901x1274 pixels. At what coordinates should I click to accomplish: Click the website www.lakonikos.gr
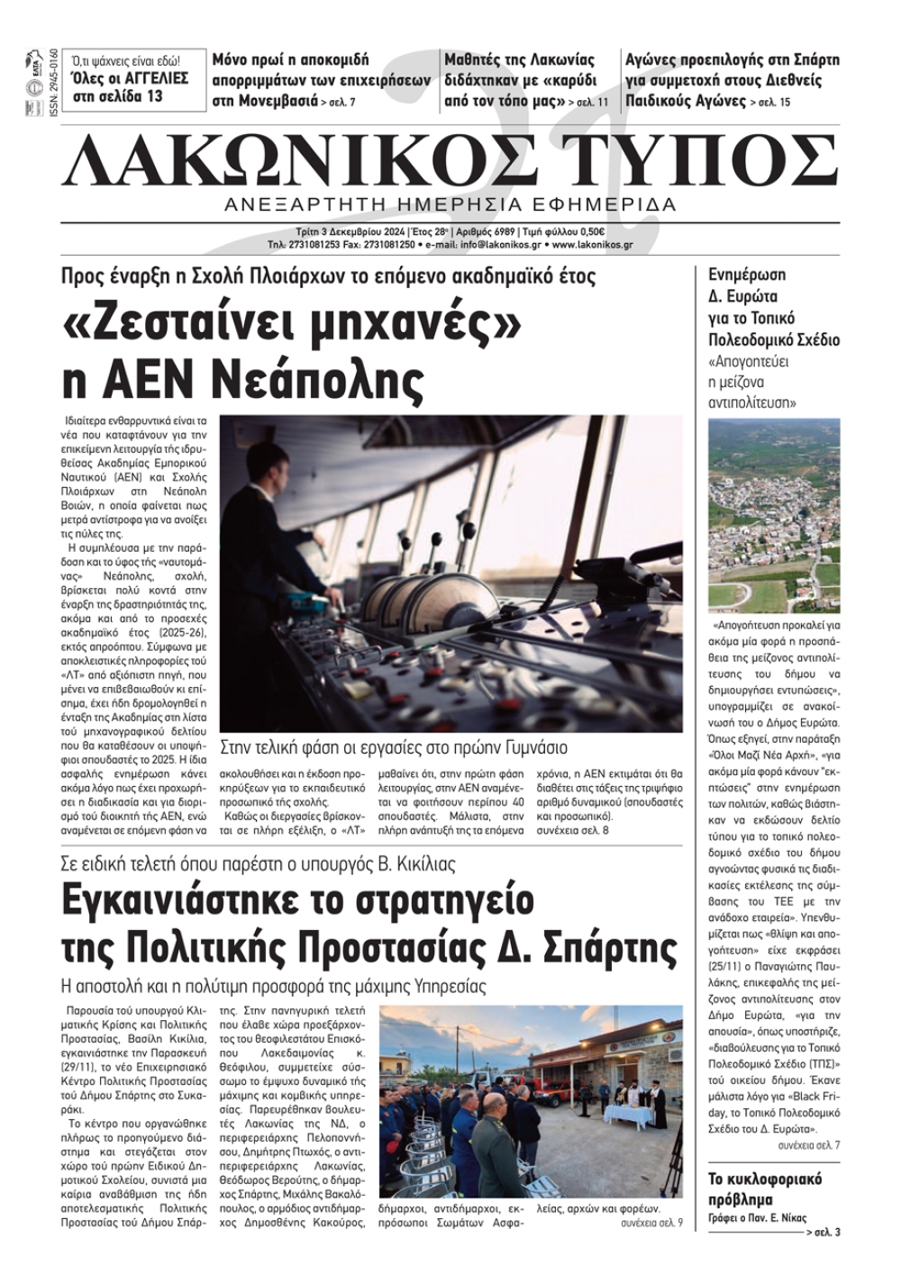(x=592, y=244)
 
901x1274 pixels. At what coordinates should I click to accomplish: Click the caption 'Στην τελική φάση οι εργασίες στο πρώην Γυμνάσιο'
(x=394, y=748)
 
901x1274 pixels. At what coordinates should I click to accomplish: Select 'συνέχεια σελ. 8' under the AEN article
(x=572, y=830)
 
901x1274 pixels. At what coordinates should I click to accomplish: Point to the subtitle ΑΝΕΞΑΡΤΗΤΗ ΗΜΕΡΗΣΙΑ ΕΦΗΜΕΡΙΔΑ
(x=450, y=204)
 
